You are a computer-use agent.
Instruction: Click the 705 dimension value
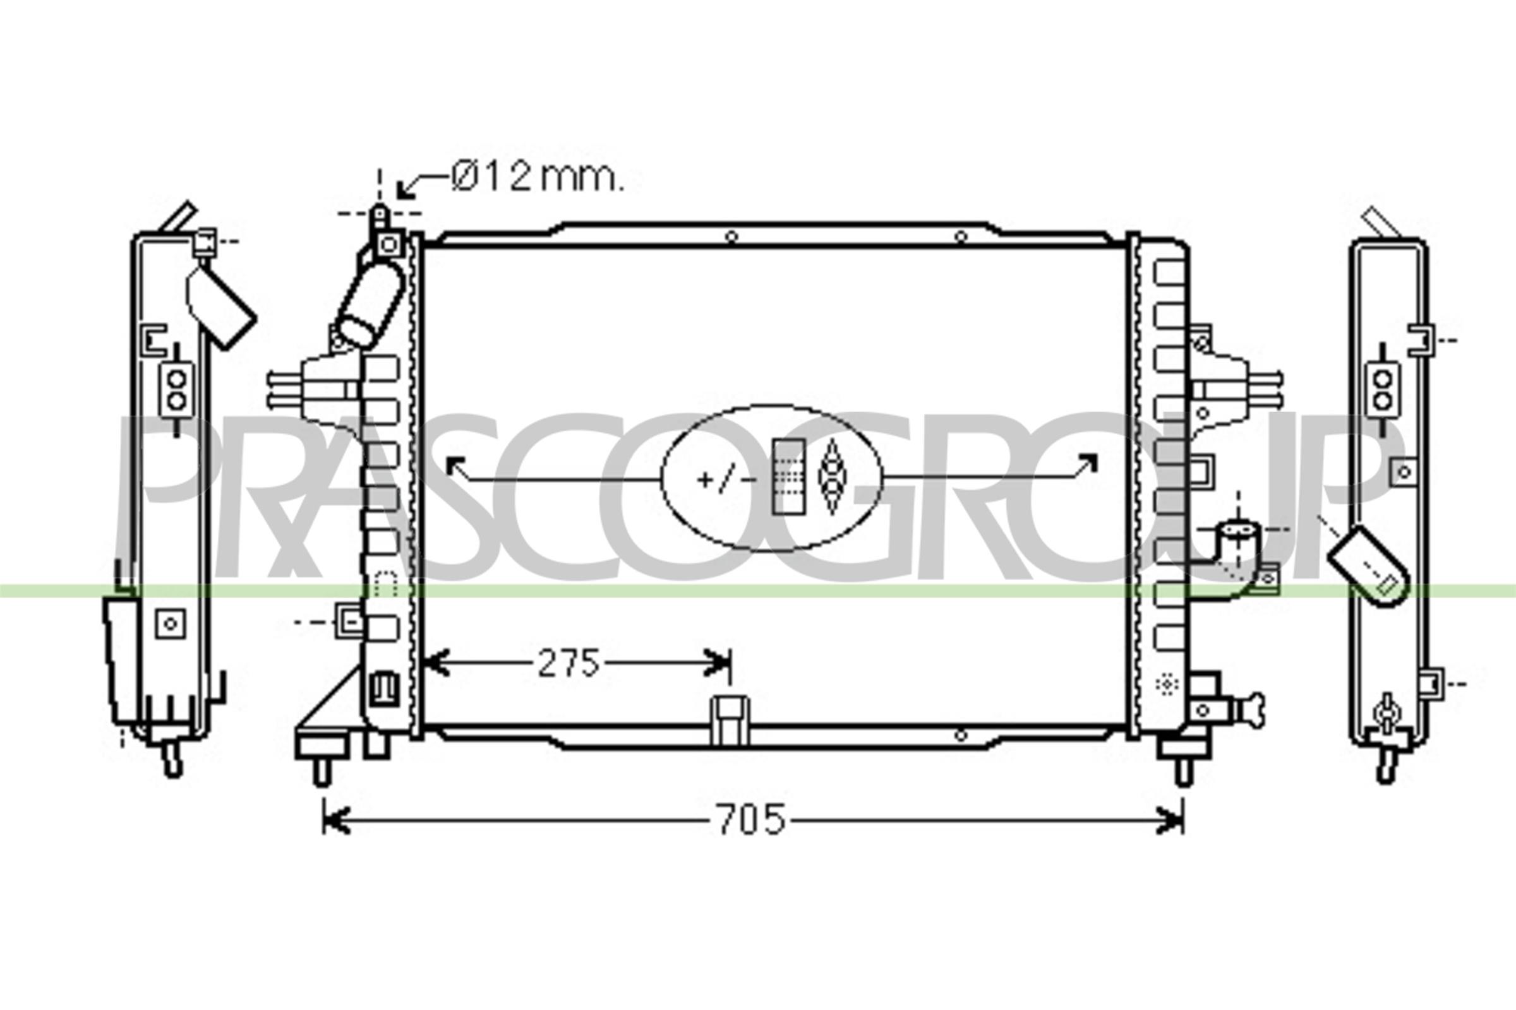pyautogui.click(x=751, y=820)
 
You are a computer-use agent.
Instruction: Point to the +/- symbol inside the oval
pyautogui.click(x=726, y=480)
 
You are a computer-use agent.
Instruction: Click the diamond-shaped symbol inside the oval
pyautogui.click(x=832, y=477)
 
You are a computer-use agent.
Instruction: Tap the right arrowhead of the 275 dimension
pyautogui.click(x=717, y=663)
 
